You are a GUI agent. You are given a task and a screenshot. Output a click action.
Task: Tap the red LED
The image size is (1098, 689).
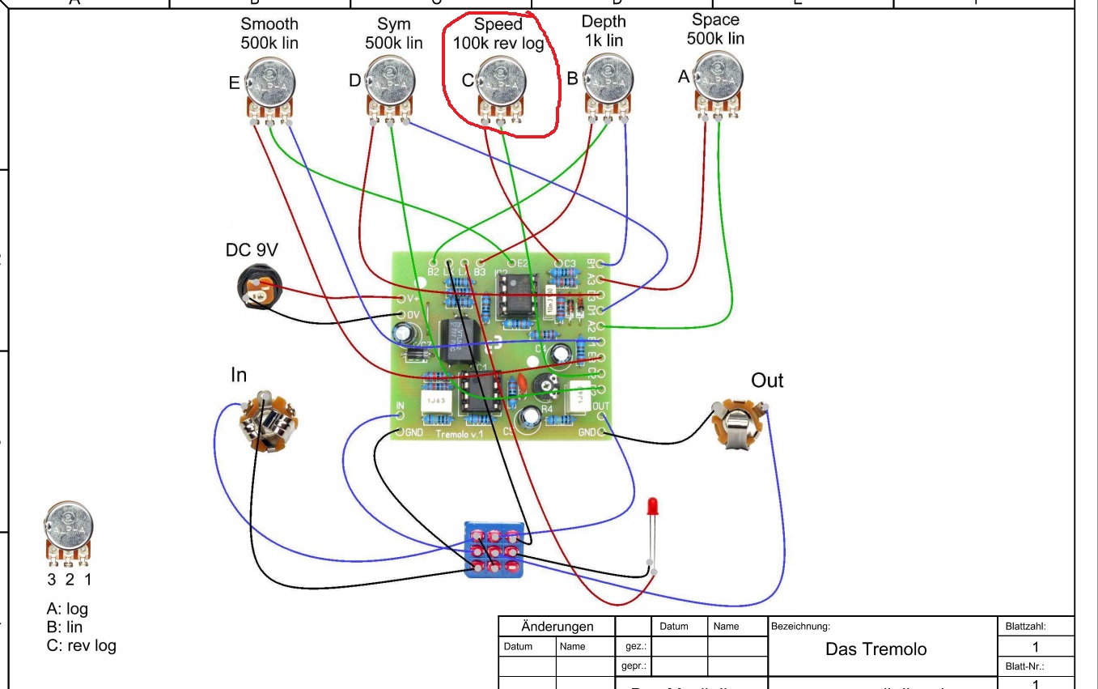tap(653, 508)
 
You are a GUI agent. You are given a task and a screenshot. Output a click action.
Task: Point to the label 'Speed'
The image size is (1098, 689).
tap(498, 24)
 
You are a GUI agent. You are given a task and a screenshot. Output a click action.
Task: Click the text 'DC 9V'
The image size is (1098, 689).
tap(251, 251)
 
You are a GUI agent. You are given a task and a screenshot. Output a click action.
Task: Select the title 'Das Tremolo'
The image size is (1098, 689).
tap(876, 649)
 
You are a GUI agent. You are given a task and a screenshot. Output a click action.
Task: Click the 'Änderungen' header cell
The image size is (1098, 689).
tap(557, 627)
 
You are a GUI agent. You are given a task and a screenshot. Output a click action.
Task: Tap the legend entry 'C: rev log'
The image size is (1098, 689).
tap(82, 645)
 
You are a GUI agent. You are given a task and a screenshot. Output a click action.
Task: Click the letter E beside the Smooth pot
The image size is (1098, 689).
tap(234, 82)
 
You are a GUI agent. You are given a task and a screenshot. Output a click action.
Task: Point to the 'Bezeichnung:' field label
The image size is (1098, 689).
tap(801, 627)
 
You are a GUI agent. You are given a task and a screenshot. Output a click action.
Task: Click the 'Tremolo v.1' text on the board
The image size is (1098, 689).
tap(460, 435)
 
